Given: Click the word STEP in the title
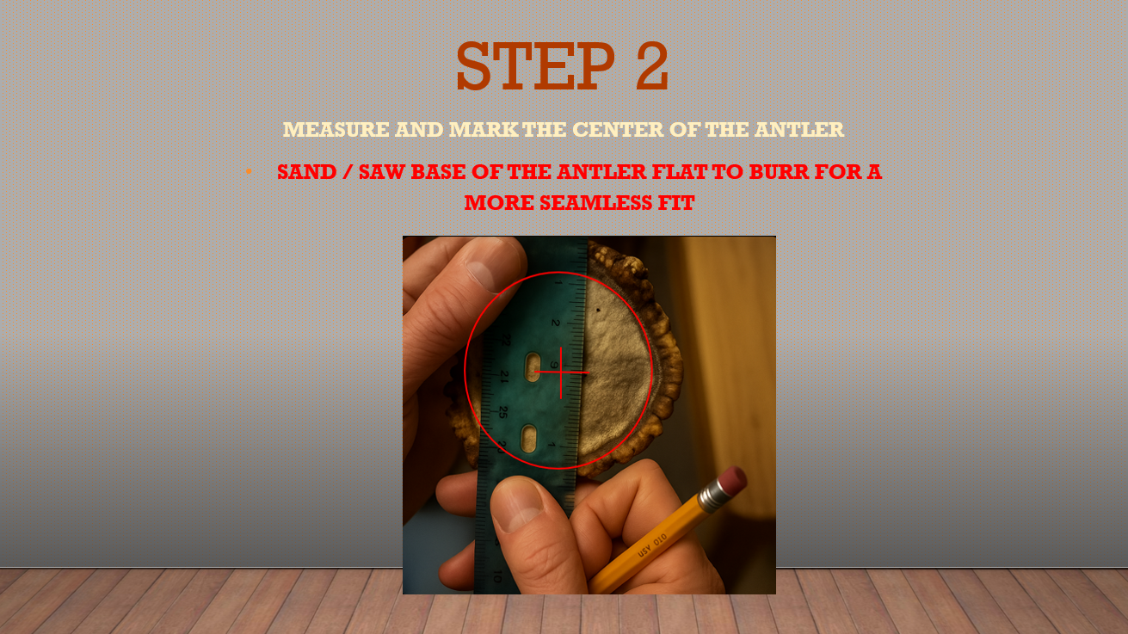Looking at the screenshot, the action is click(x=536, y=66).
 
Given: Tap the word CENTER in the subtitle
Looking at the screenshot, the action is click(x=618, y=129).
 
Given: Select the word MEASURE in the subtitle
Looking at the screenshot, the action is click(x=336, y=129).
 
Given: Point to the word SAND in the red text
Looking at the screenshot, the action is click(x=306, y=172).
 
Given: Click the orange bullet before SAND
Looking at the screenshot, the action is click(x=249, y=172).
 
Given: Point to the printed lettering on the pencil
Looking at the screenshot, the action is click(x=653, y=545).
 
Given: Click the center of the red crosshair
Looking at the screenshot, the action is click(x=561, y=372).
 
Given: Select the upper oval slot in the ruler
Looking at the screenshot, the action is click(x=533, y=366).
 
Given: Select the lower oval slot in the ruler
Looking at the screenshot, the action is click(x=529, y=438).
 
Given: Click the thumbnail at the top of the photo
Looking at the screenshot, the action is click(x=492, y=263).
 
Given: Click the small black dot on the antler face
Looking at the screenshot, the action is click(x=598, y=310).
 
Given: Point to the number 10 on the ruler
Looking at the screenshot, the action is click(x=497, y=576).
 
